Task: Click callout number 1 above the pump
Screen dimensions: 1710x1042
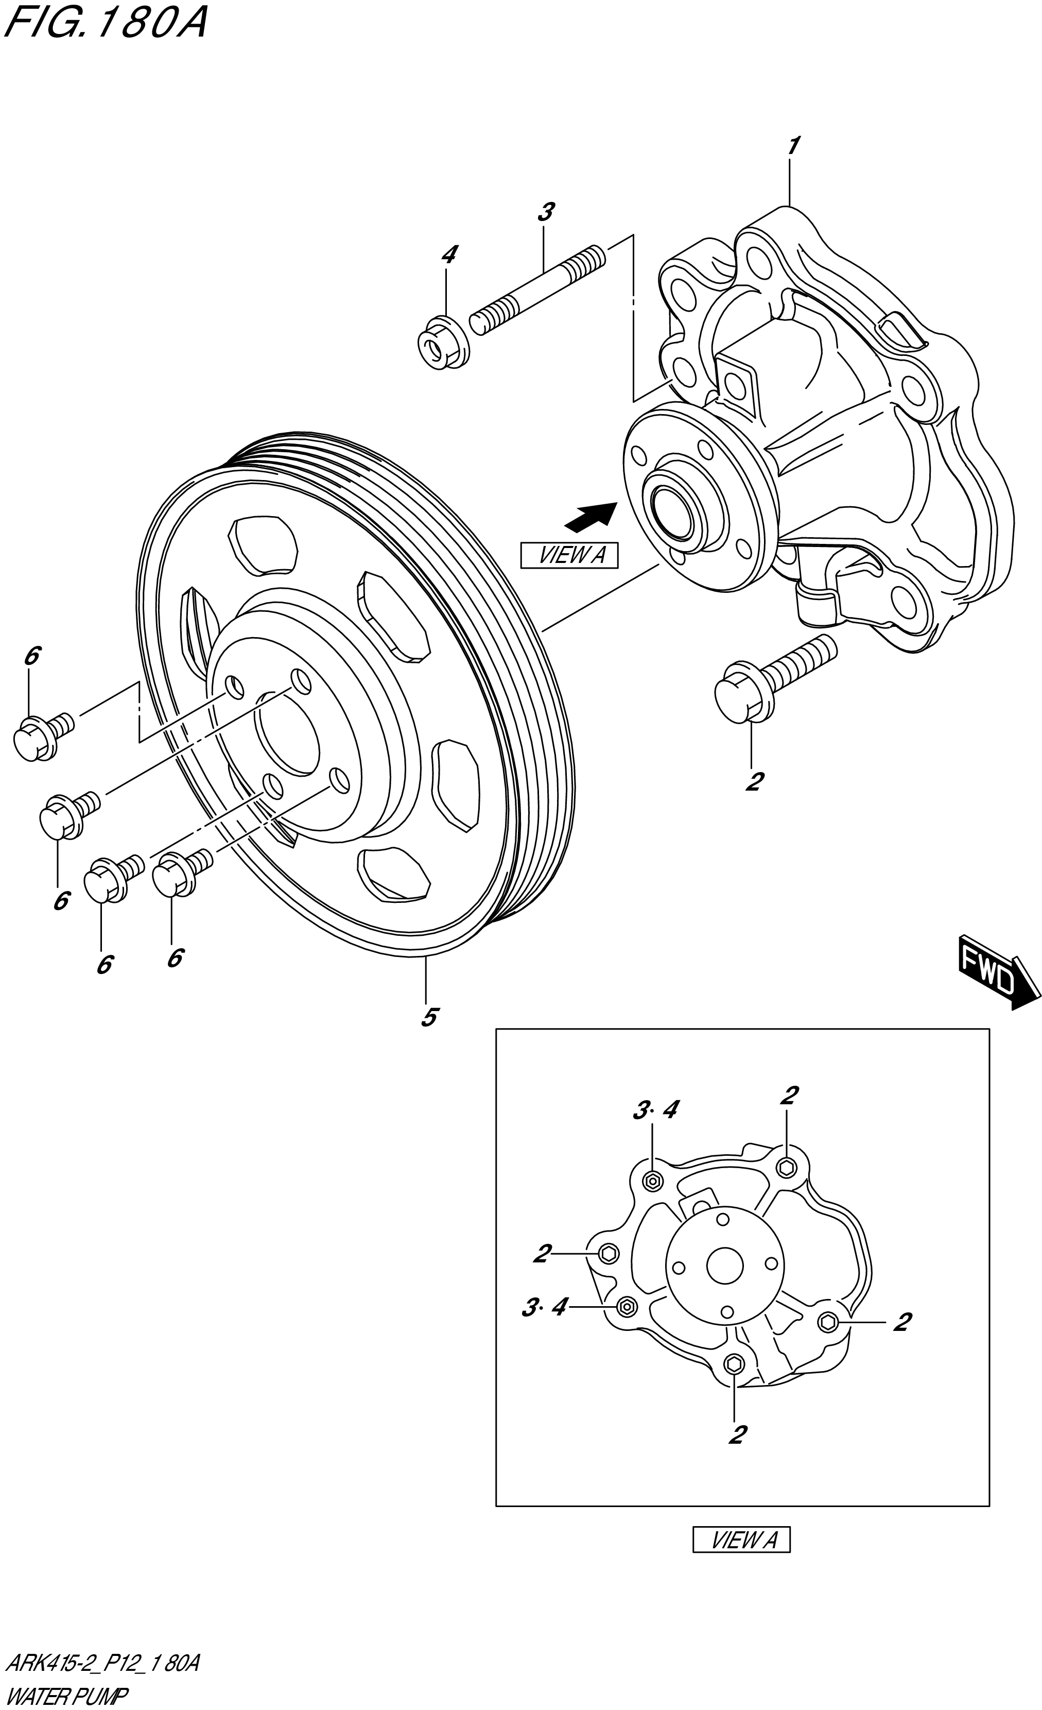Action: tap(793, 146)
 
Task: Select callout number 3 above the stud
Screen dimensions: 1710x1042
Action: tap(546, 212)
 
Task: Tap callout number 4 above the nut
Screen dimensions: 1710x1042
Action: tap(449, 254)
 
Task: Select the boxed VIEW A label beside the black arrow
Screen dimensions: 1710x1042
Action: tap(568, 555)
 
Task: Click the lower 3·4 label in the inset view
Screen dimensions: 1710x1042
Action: tap(544, 1309)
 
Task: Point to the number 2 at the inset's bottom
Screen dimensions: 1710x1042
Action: tap(737, 1434)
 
